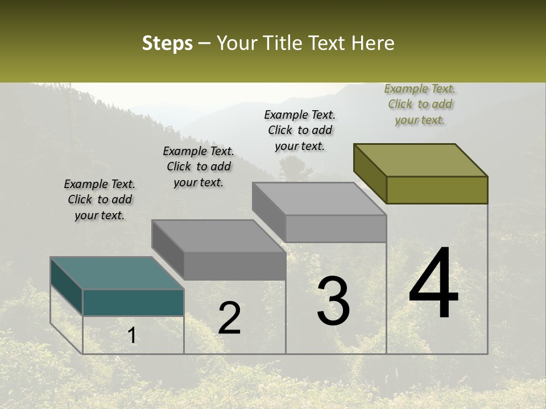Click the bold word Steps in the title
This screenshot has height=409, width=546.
coord(167,44)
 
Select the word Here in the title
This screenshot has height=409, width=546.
coord(373,44)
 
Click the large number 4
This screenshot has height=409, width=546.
coord(433,285)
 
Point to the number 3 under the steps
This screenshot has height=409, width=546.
coord(333,301)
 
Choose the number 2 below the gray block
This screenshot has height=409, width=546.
coord(229,318)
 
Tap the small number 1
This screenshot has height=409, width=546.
coord(132,336)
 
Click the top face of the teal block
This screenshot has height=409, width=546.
coord(117,273)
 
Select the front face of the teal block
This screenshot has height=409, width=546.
coord(133,302)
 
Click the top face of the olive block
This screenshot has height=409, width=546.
coord(421,160)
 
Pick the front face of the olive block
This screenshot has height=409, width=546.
coord(437,190)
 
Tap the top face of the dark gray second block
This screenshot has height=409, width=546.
coord(218,235)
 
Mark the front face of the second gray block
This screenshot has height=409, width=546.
coord(235,266)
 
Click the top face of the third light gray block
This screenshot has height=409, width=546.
coord(319,198)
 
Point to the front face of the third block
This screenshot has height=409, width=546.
coord(336,228)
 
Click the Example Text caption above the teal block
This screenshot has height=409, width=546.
coord(100,199)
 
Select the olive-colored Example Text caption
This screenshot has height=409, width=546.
coord(420,104)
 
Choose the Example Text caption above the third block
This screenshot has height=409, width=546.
coord(300,130)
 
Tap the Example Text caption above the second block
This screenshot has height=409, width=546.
coord(198,166)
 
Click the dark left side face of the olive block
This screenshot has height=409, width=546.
coord(370,173)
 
